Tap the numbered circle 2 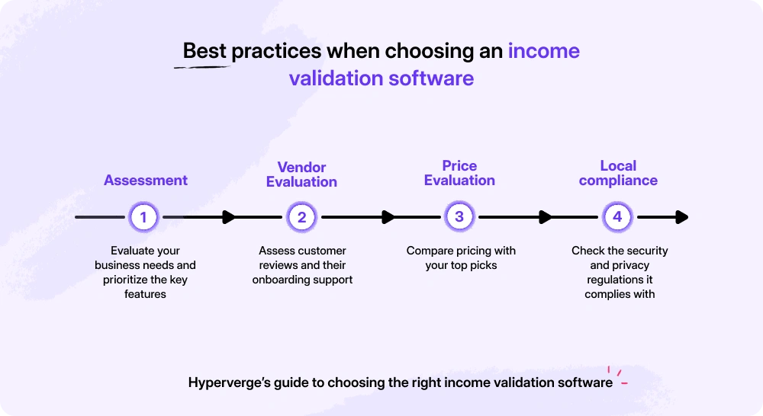pos(301,217)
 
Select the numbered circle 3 pos(459,217)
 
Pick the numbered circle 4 pos(617,217)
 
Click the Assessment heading pos(146,181)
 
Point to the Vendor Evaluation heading pos(301,174)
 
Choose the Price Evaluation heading pos(459,173)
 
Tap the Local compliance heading pos(618,173)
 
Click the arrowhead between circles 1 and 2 pos(228,217)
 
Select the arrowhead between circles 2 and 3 pos(388,217)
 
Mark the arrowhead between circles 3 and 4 pos(545,217)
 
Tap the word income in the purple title pos(543,52)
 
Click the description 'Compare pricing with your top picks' pos(461,258)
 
